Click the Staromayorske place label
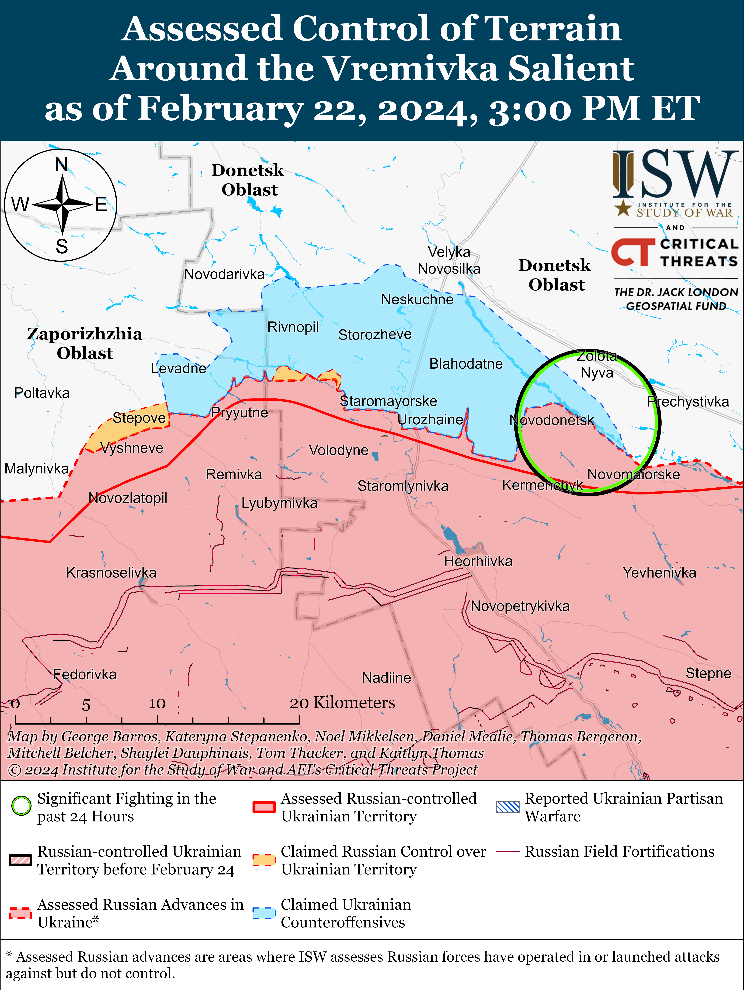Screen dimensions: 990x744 388,401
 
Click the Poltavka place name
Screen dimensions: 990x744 42,393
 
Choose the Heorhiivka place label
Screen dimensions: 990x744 478,561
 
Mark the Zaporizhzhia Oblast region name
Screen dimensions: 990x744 85,343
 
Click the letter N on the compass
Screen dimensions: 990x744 62,165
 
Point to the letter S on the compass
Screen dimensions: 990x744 62,246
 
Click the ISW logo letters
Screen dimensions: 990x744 675,175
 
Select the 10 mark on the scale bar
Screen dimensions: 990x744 157,704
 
